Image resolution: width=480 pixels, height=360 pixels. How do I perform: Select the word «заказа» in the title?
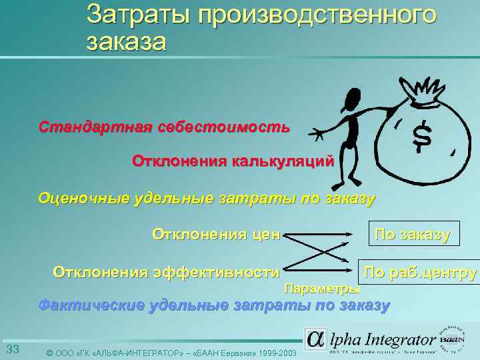pos(126,41)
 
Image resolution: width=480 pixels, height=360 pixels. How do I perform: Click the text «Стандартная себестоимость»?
pos(164,127)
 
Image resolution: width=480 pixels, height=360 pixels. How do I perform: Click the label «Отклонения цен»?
pos(217,234)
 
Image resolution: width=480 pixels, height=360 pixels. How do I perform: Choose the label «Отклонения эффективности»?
pos(166,271)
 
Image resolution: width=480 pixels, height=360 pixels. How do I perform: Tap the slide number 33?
pos(12,350)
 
